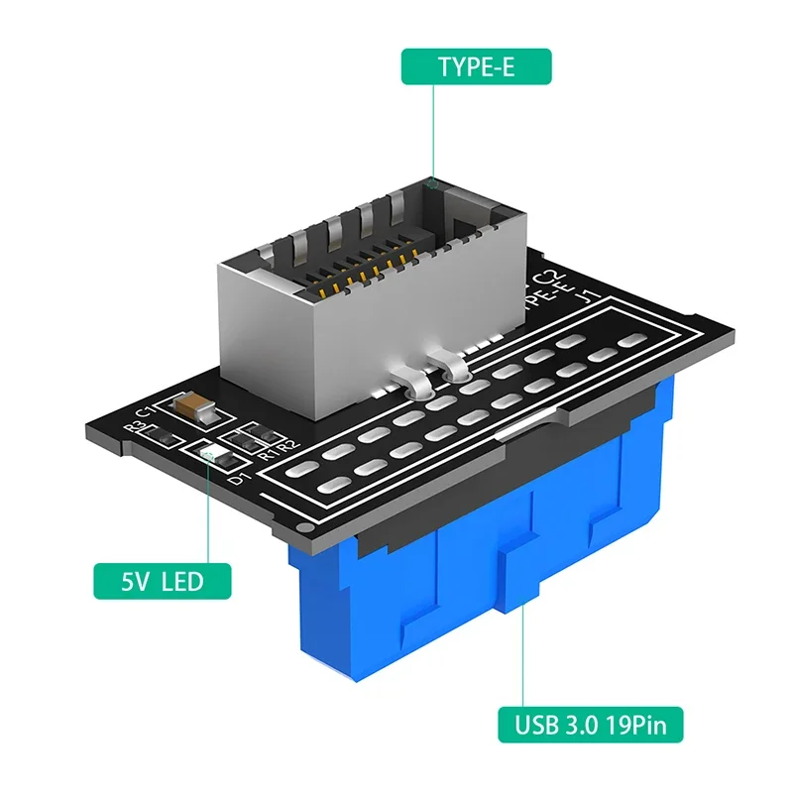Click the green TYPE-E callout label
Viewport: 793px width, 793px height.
476,66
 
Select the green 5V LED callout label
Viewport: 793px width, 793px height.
164,579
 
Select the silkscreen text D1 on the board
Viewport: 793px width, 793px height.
236,480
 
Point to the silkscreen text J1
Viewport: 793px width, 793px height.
588,294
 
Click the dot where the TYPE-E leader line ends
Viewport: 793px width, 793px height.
433,180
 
